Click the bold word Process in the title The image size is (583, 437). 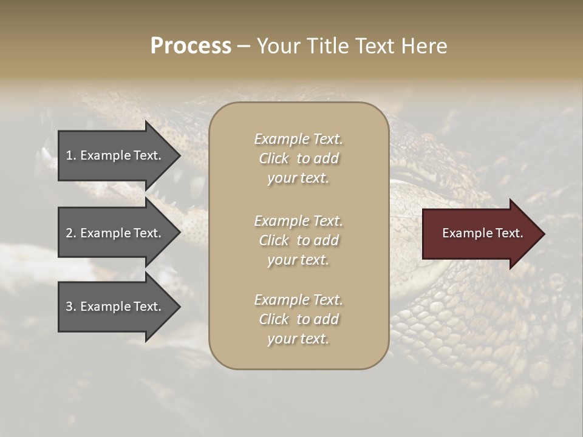tap(191, 46)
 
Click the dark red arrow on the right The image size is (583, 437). tap(480, 234)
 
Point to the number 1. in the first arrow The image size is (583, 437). tap(71, 155)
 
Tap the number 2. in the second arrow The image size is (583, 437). tap(71, 233)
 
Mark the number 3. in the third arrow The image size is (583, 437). tap(71, 307)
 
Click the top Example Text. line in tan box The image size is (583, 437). tap(298, 140)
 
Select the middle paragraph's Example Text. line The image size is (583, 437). tap(298, 221)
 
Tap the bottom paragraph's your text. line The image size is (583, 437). tap(298, 339)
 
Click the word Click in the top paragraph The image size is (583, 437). tap(273, 159)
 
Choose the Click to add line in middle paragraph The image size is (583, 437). tap(298, 240)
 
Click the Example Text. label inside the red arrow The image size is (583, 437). tap(482, 233)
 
